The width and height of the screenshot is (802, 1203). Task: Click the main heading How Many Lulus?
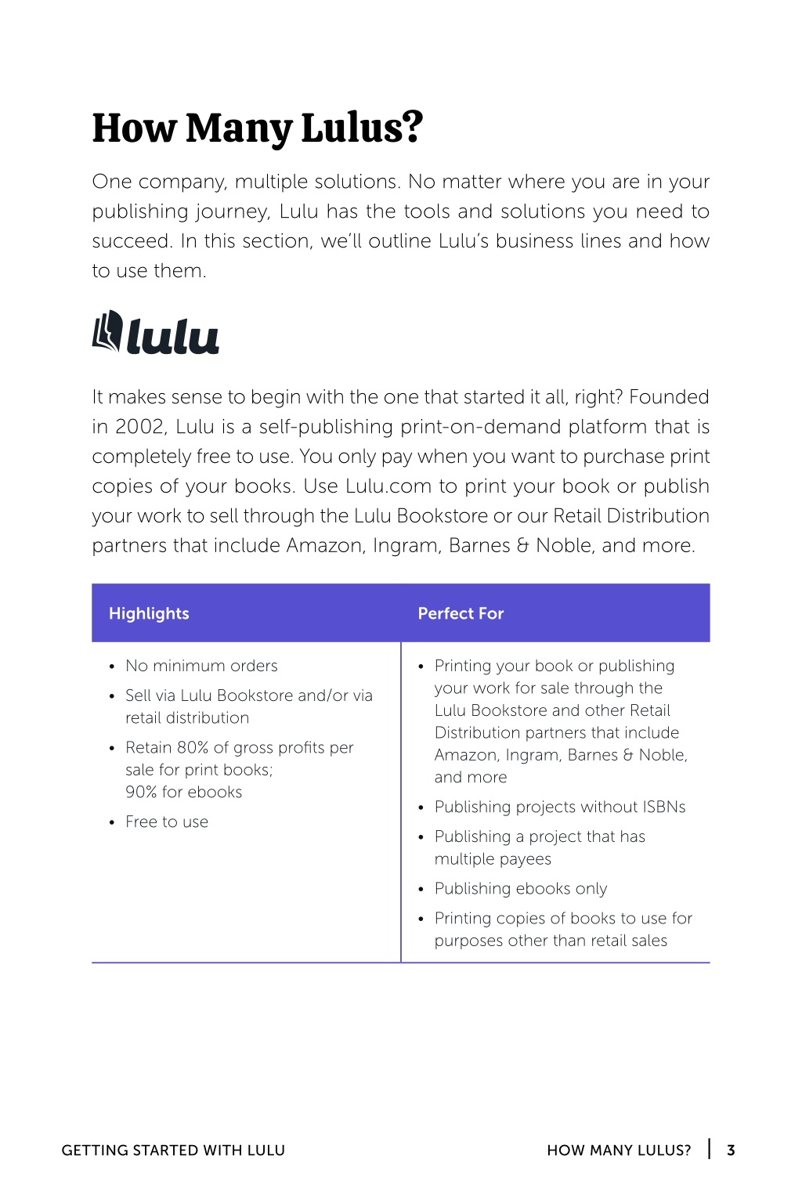click(x=257, y=128)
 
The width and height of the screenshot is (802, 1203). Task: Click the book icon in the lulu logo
click(x=107, y=331)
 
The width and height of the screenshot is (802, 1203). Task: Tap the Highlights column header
click(x=149, y=613)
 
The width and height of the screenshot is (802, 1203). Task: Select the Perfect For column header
click(x=461, y=613)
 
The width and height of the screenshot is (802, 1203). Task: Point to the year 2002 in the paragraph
click(x=140, y=427)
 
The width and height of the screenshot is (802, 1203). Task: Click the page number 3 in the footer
click(x=731, y=1150)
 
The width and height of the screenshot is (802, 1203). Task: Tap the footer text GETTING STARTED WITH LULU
click(x=173, y=1150)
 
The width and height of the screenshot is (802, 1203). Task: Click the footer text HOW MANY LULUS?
click(x=619, y=1150)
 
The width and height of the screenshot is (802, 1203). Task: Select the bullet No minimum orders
click(x=201, y=666)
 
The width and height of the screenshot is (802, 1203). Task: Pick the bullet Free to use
click(x=167, y=822)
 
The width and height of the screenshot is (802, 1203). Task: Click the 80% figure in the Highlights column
click(x=193, y=747)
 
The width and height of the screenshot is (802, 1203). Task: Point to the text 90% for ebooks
click(x=183, y=792)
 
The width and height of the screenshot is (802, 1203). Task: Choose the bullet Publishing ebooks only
click(x=521, y=888)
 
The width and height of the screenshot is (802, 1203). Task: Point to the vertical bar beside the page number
click(x=710, y=1149)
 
